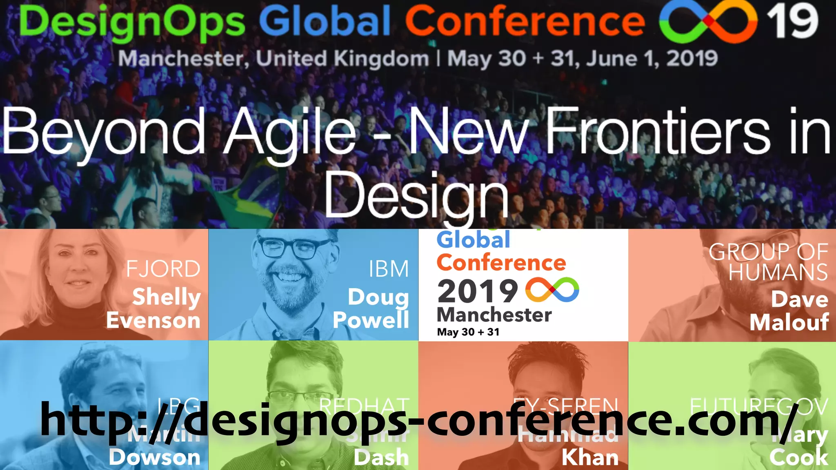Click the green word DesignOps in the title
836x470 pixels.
[131, 22]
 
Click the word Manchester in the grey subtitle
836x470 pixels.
[183, 58]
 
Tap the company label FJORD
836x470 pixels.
[163, 269]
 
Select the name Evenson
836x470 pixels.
[153, 321]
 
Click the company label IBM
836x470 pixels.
[389, 269]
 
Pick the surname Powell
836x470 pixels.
[371, 320]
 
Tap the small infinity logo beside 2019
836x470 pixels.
[552, 290]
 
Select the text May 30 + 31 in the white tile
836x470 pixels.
[468, 332]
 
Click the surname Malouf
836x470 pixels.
[789, 322]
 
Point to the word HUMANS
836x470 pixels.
[778, 272]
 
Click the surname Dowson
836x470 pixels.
[154, 457]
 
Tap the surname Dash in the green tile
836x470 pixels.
[381, 457]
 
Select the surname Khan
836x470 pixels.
[590, 457]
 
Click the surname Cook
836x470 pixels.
[798, 457]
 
